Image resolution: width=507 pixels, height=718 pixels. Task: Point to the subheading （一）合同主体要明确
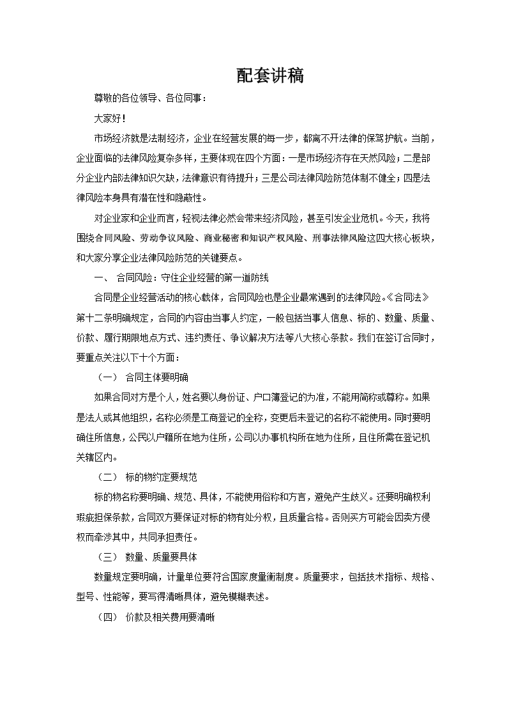[x=142, y=377]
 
